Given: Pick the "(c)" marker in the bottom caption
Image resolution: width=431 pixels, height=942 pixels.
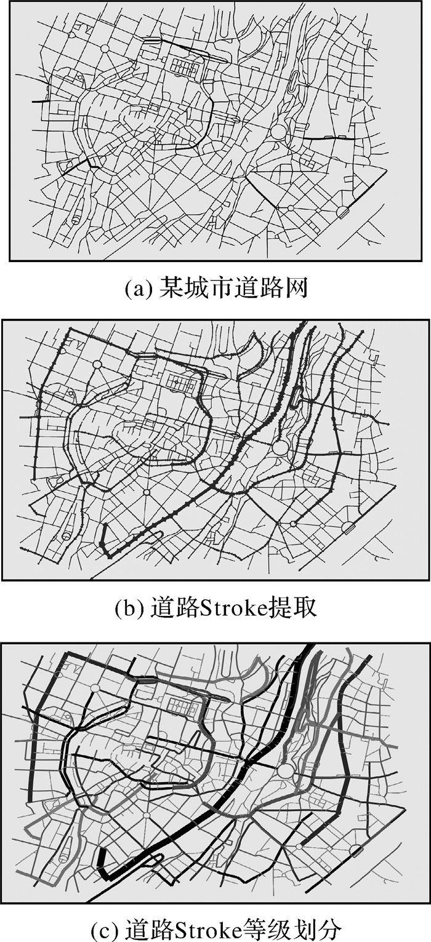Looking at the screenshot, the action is [103, 927].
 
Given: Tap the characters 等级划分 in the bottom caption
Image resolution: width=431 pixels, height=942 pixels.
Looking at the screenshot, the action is [294, 927].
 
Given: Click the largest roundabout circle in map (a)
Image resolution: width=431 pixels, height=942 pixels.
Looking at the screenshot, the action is [279, 131].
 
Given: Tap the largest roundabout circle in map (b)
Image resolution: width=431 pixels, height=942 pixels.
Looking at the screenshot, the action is [280, 448].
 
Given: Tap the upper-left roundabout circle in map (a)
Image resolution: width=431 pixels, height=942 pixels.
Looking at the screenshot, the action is [104, 47].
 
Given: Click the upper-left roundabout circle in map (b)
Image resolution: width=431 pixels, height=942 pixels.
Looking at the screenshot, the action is [96, 364].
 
